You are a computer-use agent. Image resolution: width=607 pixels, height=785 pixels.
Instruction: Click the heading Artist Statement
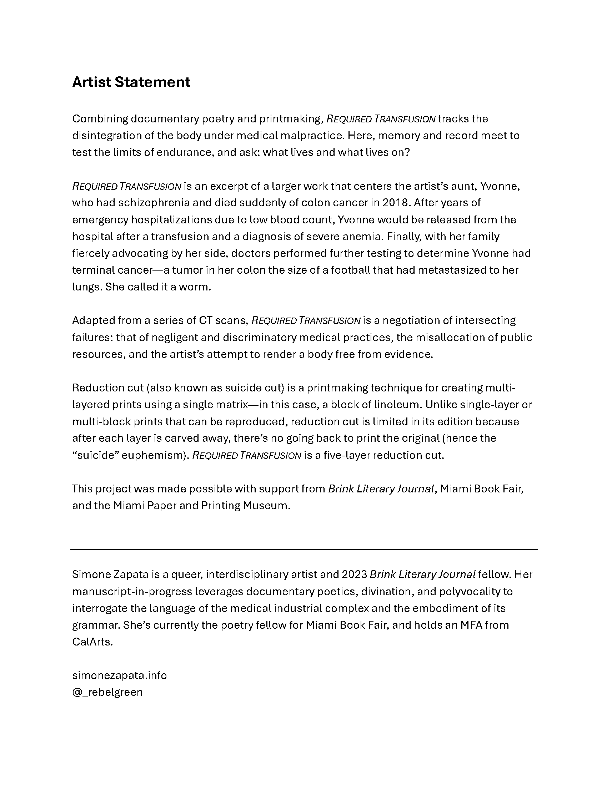(x=131, y=82)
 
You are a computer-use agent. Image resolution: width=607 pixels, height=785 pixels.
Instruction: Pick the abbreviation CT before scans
(x=205, y=321)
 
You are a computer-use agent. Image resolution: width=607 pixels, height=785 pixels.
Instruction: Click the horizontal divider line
(x=303, y=549)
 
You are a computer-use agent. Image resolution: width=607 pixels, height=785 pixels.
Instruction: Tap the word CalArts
(x=92, y=642)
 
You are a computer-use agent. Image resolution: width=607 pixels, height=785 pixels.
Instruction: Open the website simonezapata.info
(x=119, y=675)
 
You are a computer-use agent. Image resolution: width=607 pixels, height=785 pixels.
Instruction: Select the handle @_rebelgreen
(x=107, y=692)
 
